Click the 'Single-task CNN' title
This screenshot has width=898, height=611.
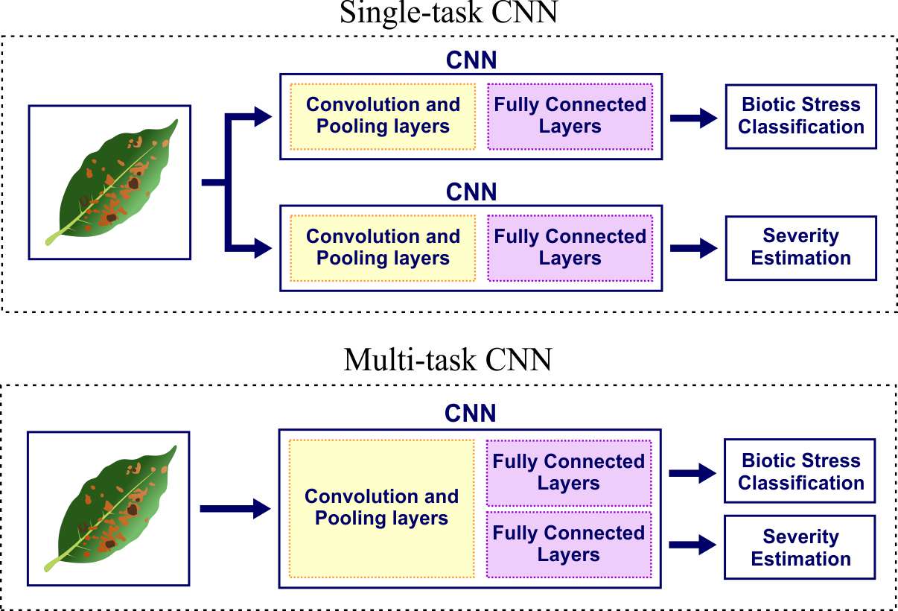[x=448, y=13]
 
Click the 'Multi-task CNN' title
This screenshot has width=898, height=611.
[x=448, y=360]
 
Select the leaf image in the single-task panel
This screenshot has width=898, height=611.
[x=109, y=183]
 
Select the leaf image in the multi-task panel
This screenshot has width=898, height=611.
[x=109, y=507]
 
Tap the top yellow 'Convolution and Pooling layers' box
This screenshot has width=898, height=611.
[x=383, y=115]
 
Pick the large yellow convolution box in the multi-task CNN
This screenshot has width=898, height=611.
[x=381, y=508]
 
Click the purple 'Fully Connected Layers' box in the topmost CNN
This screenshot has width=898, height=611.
[x=570, y=115]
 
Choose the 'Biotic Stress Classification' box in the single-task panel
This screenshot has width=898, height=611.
[x=800, y=115]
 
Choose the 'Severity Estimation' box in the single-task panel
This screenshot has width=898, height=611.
[x=800, y=247]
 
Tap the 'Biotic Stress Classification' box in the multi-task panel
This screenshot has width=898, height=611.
[x=800, y=472]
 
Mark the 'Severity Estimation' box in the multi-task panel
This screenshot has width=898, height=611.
[x=800, y=548]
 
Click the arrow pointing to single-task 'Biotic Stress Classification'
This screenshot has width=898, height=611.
[x=692, y=118]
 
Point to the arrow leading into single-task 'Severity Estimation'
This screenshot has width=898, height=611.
[x=692, y=249]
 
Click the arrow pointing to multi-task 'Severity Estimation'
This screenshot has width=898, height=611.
[x=692, y=545]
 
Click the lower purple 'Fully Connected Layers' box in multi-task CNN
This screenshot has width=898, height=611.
[x=569, y=544]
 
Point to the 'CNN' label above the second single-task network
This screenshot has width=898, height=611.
[x=471, y=192]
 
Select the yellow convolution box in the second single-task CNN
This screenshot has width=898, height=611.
[x=383, y=247]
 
